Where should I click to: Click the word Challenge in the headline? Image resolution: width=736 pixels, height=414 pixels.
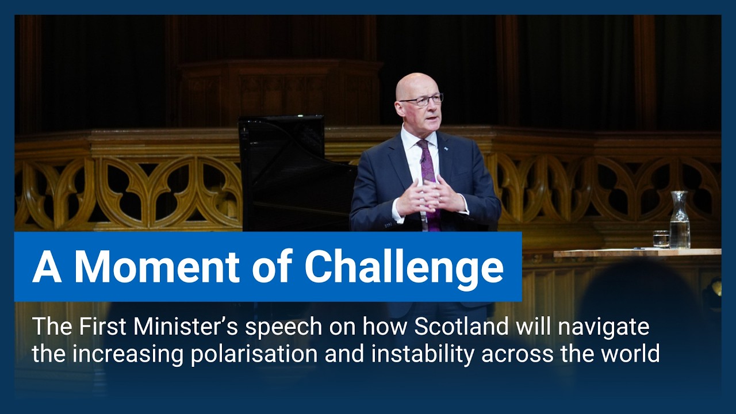point(404,266)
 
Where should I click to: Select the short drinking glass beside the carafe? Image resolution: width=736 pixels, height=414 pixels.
point(661,238)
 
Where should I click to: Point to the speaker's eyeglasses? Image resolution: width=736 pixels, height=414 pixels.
point(421,100)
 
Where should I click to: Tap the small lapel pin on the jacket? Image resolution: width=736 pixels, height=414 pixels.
point(446,149)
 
